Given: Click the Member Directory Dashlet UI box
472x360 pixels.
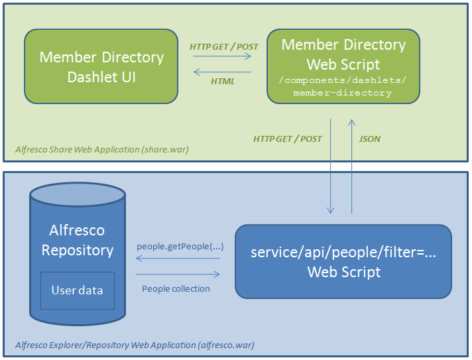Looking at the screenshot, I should click(101, 66).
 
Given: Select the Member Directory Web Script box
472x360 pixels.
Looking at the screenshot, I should click(343, 66).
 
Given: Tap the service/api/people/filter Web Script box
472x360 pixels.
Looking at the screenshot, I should click(343, 261).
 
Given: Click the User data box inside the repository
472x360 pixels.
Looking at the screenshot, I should click(77, 290).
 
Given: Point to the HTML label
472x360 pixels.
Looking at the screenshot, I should click(223, 82).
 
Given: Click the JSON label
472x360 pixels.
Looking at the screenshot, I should click(370, 139).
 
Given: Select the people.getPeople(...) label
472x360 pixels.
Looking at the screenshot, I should click(180, 247).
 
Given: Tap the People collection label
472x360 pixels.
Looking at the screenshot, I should click(176, 288).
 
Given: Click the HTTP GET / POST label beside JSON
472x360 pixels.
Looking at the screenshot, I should click(288, 139).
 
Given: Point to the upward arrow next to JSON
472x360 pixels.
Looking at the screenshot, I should click(351, 166).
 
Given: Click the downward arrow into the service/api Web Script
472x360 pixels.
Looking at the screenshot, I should click(330, 166).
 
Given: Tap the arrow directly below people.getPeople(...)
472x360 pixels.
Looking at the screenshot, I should click(178, 259).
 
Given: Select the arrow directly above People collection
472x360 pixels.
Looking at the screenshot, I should click(178, 274).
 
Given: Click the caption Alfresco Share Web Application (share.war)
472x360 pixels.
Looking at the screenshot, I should click(101, 150).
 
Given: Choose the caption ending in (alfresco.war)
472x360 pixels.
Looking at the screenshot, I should click(135, 345).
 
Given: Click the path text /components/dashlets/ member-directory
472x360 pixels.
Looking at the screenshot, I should click(343, 87).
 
